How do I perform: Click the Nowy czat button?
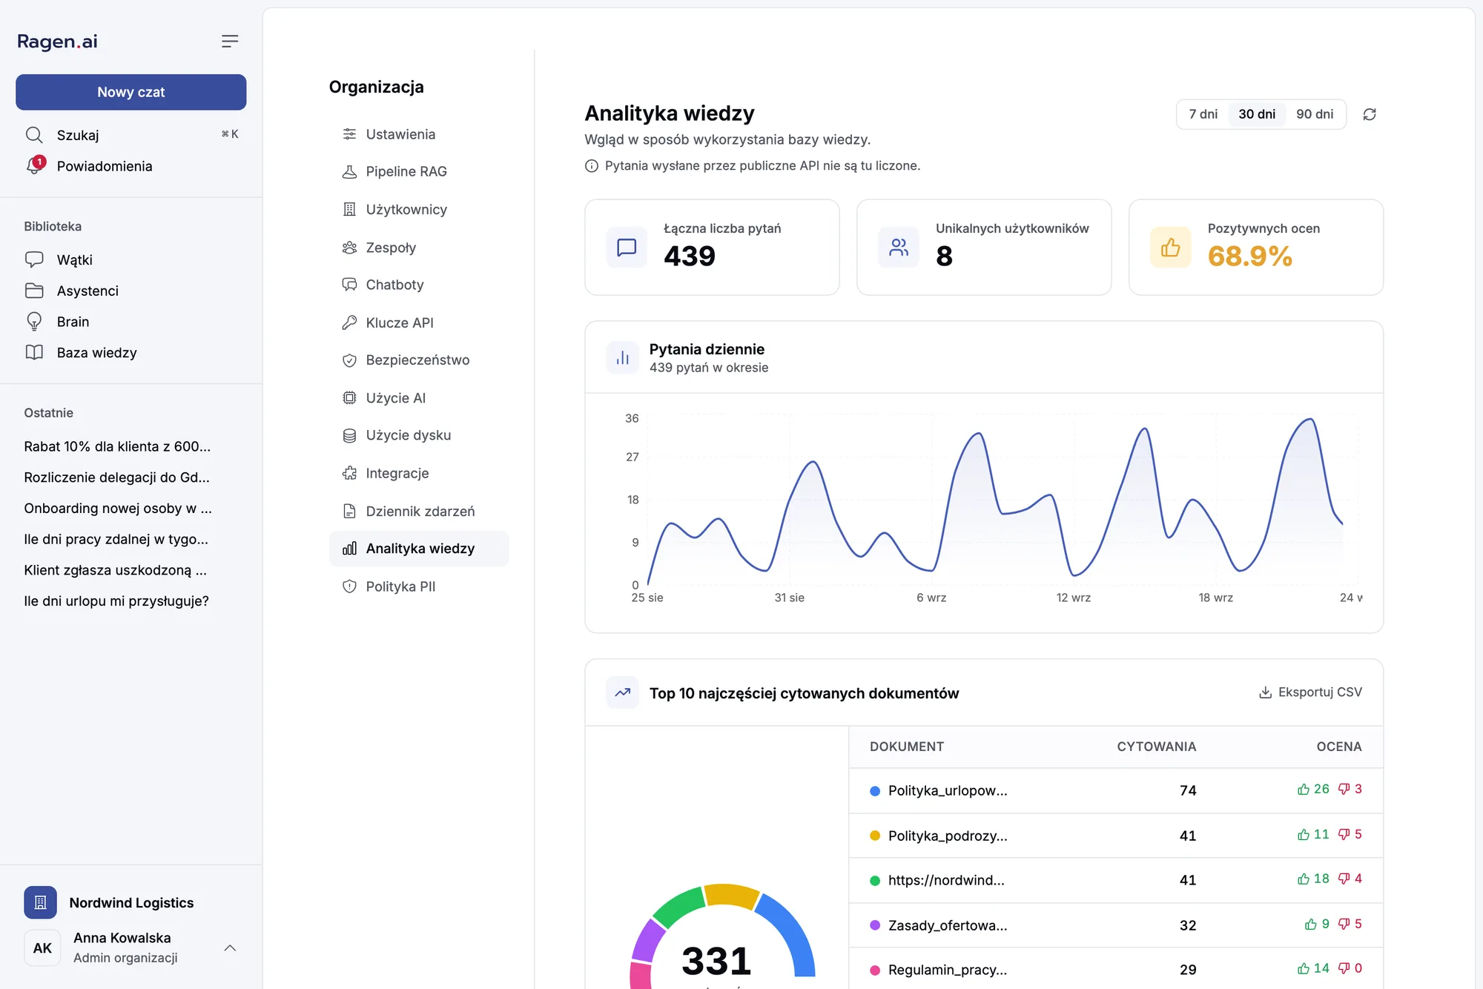[x=131, y=92]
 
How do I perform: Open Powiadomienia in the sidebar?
[x=104, y=166]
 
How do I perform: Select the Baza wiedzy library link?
[x=96, y=353]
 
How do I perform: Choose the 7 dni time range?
[x=1203, y=114]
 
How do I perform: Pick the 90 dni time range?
[x=1315, y=114]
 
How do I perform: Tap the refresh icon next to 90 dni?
[x=1370, y=114]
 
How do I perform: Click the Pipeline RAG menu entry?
[x=406, y=171]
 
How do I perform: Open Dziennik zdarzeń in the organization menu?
[x=420, y=511]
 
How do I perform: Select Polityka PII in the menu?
[x=400, y=586]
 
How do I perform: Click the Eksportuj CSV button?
[x=1310, y=692]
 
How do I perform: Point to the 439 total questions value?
[x=690, y=256]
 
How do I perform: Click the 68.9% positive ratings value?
[x=1249, y=256]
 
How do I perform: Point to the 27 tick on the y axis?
[x=632, y=457]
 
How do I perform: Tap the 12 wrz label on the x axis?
[x=1073, y=598]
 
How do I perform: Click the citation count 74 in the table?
[x=1188, y=790]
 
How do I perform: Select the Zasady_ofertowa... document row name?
[x=948, y=925]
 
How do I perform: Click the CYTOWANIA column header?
[x=1156, y=747]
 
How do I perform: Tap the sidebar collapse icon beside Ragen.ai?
[x=230, y=42]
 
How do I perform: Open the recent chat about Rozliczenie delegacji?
[x=116, y=477]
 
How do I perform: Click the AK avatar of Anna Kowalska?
[x=42, y=947]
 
